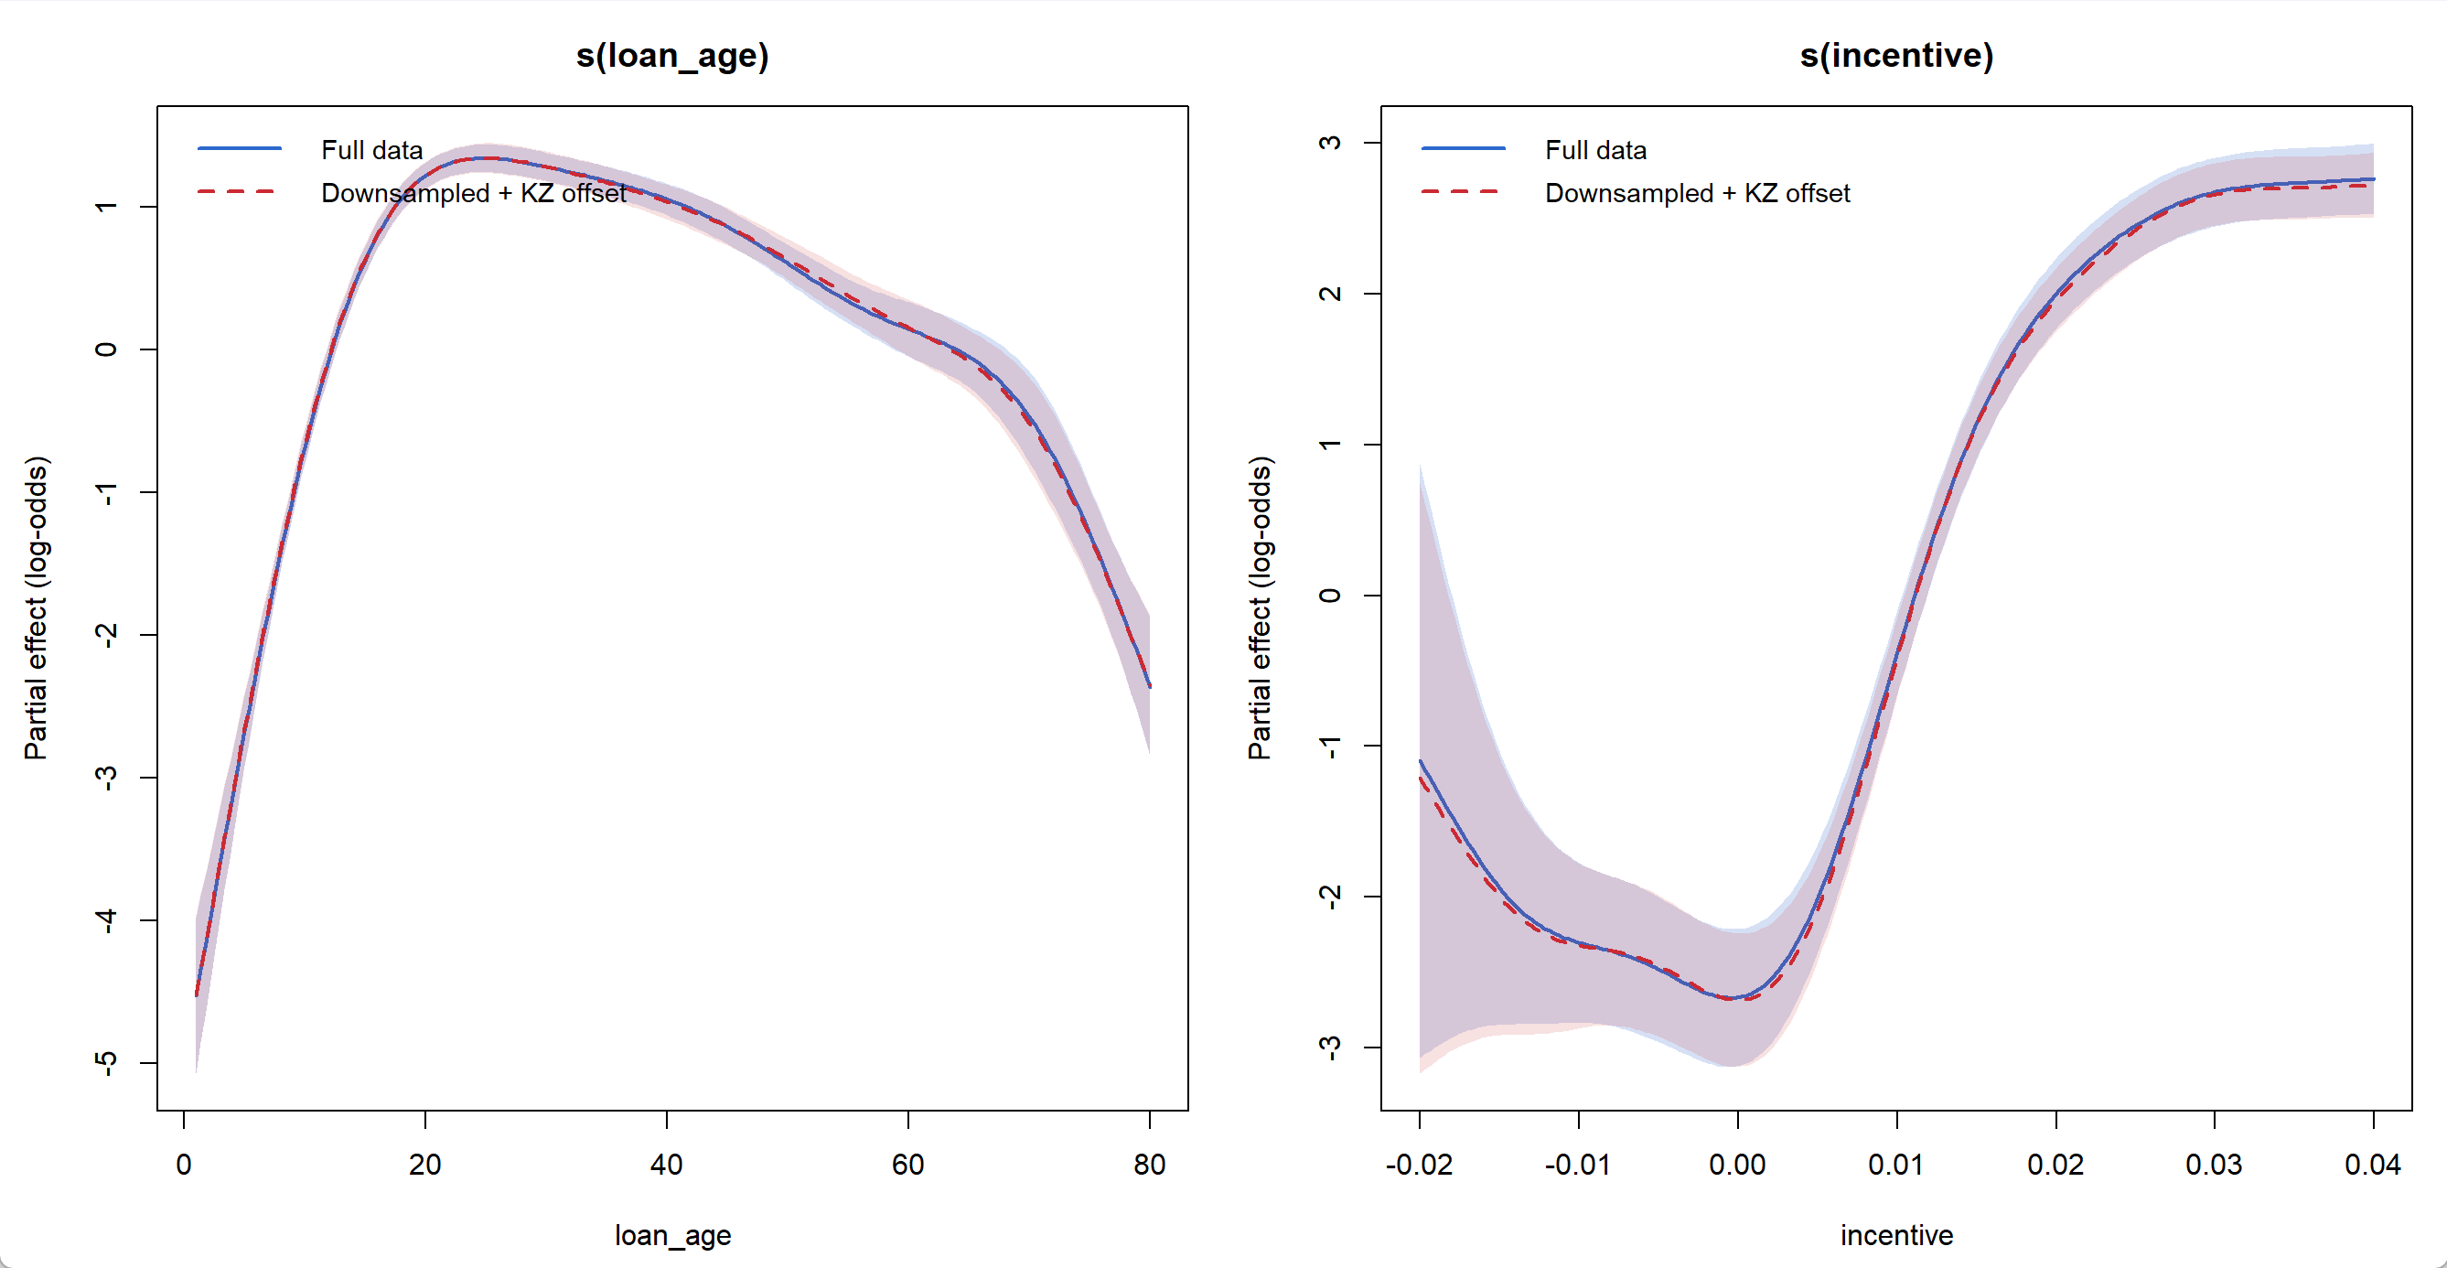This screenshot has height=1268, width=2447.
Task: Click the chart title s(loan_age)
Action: (x=671, y=55)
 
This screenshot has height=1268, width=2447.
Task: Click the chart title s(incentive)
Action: (x=1896, y=55)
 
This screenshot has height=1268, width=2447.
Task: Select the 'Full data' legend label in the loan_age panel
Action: (x=371, y=150)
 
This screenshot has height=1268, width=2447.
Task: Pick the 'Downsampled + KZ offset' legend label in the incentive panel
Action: (x=1697, y=193)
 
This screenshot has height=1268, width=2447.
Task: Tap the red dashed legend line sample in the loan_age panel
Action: (x=239, y=192)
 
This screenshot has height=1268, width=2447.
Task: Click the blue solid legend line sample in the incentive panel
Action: (x=1463, y=149)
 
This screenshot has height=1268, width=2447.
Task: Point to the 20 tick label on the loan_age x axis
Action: (x=424, y=1165)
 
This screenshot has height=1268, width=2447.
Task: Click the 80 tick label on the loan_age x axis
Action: (x=1150, y=1165)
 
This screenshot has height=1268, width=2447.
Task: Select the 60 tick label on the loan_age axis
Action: (x=907, y=1165)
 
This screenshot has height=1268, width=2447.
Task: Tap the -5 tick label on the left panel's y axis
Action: (x=106, y=1063)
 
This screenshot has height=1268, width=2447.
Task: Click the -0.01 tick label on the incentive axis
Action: (x=1578, y=1165)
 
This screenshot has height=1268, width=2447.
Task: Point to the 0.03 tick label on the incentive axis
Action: (x=2214, y=1165)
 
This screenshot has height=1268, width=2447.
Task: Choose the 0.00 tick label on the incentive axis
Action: (x=1737, y=1165)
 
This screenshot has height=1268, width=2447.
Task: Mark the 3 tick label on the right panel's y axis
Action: (x=1330, y=143)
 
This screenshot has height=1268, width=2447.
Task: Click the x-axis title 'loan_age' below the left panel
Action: (x=672, y=1235)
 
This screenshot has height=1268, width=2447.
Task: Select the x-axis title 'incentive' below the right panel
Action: (x=1896, y=1235)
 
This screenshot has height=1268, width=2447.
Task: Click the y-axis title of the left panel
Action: (x=35, y=607)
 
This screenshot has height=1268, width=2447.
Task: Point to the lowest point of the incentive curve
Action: (x=1731, y=998)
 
